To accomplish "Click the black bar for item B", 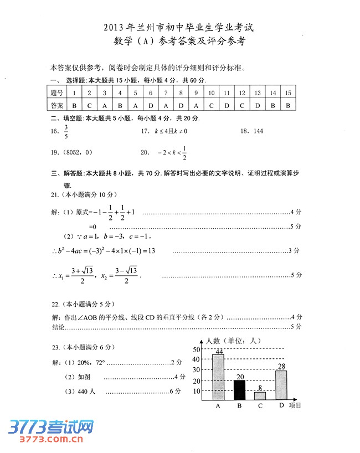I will tap(239, 389).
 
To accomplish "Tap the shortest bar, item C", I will tap(260, 395).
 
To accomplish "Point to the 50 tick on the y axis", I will tap(196, 349).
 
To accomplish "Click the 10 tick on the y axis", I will tap(196, 391).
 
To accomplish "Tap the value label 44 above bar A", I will tap(219, 352).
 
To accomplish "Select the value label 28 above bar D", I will tap(281, 367).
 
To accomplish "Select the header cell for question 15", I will tap(287, 92).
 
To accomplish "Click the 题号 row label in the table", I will tap(56, 92).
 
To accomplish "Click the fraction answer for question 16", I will tap(66, 132).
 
